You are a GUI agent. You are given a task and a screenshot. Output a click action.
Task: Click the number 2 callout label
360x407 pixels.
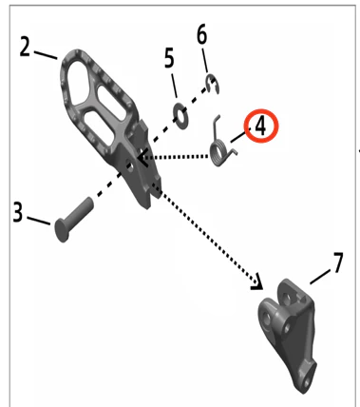coord(25,47)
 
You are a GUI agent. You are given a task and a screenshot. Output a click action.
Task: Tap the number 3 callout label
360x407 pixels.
coord(18,212)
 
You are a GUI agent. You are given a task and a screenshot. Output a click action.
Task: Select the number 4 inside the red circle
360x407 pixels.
coord(260,126)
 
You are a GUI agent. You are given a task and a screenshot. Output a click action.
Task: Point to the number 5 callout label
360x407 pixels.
coord(169,58)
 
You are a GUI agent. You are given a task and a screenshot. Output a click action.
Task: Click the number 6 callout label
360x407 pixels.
coord(201,34)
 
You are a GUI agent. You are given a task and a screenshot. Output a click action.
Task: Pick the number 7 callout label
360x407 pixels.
coord(338,262)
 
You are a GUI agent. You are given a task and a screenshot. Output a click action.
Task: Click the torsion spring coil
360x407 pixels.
coord(218,154)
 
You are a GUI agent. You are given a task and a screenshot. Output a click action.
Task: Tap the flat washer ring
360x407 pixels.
coord(180,116)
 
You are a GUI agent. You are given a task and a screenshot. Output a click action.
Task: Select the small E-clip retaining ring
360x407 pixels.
coord(213,84)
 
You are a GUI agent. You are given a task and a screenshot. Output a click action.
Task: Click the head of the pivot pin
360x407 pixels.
coord(62,230)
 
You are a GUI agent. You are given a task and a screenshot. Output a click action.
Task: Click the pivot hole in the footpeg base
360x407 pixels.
coord(129,165)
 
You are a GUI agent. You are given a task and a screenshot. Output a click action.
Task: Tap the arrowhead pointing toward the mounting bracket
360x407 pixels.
coord(257,281)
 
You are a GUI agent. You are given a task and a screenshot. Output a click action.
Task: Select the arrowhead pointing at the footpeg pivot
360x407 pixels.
coord(142,157)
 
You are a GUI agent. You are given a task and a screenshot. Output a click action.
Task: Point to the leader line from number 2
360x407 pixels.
coord(46,55)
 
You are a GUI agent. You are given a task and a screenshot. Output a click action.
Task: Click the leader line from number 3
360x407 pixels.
coord(38,221)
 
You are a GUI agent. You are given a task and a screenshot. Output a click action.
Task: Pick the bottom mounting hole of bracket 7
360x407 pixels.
coord(307,382)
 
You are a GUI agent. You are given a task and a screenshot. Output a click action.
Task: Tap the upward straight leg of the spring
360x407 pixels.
coord(216,127)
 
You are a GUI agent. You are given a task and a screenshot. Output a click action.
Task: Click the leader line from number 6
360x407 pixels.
coord(204,61)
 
